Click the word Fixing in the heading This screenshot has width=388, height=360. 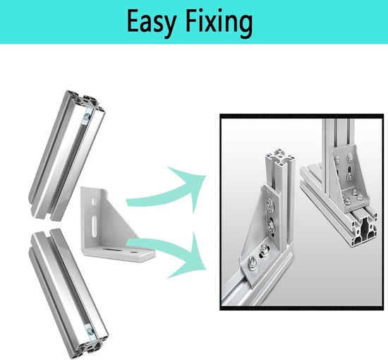[x=219, y=23]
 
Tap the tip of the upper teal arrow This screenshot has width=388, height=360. [x=206, y=176]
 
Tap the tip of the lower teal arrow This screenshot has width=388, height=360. [x=206, y=270]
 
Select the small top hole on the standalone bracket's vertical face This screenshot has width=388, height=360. [x=94, y=201]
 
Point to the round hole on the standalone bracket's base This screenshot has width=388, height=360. [x=134, y=253]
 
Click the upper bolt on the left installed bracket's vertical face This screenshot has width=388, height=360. [x=269, y=205]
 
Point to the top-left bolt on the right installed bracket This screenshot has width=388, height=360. [x=337, y=160]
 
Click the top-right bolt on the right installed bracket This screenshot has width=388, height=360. [x=350, y=157]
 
